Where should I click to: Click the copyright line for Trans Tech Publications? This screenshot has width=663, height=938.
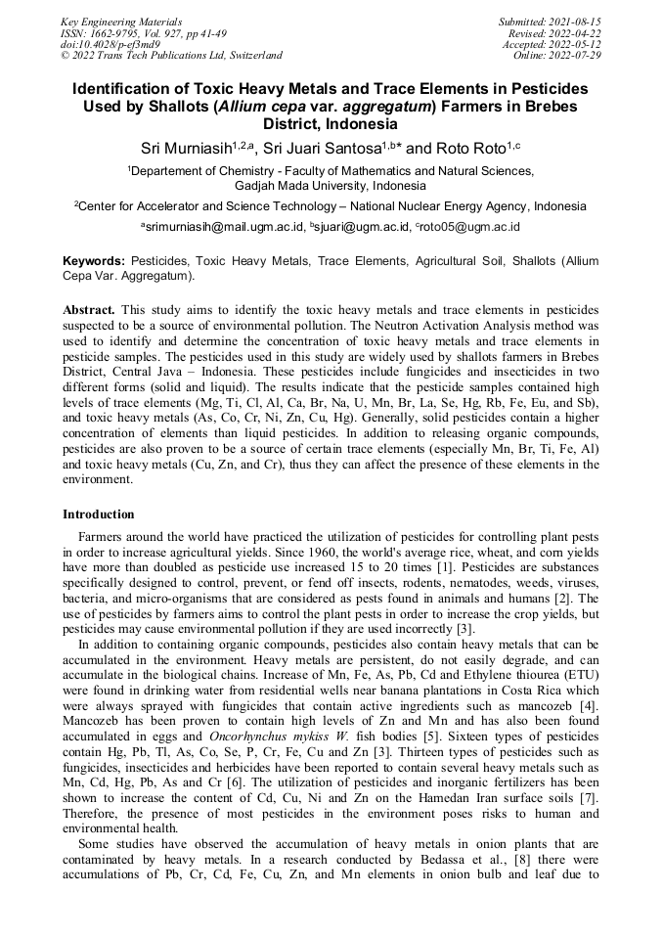pos(171,56)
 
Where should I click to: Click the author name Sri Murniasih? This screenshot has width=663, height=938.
pos(189,148)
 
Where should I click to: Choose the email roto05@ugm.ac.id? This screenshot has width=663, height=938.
pos(471,226)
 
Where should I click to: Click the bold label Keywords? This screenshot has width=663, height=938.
pos(94,262)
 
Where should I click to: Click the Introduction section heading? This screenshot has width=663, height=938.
pos(99,514)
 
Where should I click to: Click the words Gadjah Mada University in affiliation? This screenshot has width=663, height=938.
pos(297,185)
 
